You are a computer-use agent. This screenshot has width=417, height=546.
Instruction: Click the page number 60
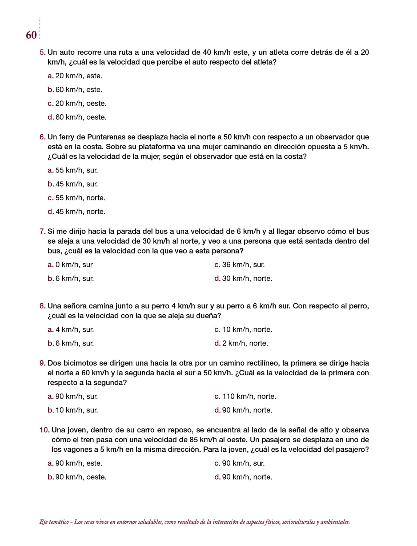31,35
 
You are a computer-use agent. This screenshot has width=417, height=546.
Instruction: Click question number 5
42,52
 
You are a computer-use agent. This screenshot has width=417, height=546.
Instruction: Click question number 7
42,231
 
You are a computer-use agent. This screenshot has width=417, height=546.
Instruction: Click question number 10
45,430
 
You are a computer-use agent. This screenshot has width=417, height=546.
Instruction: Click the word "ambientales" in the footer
335,522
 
